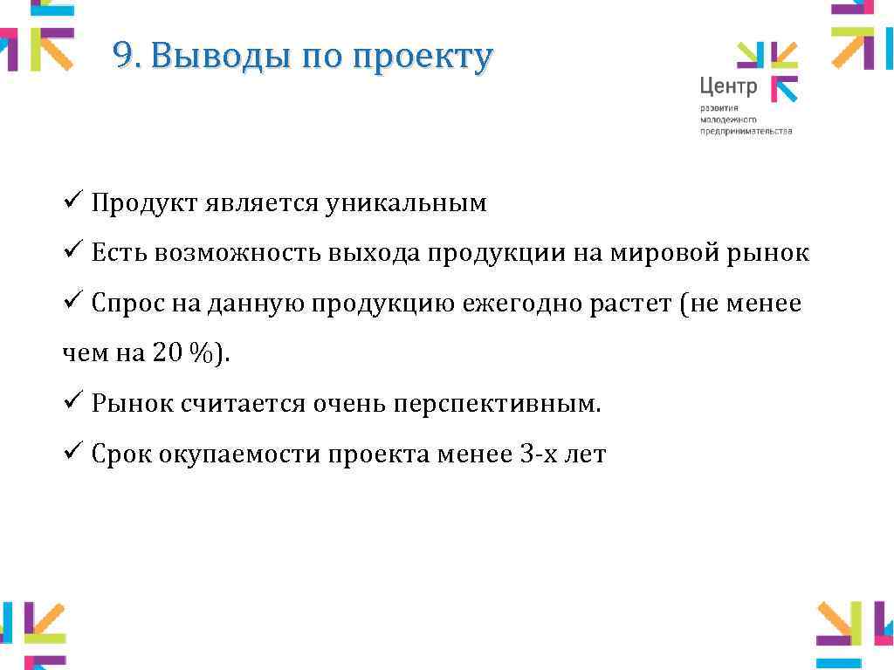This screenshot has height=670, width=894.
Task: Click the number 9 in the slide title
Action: tap(122, 57)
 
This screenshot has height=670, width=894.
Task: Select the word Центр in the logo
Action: tap(728, 85)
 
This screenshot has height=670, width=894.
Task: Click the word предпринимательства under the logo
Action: tap(746, 131)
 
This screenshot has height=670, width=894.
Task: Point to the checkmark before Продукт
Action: tap(72, 203)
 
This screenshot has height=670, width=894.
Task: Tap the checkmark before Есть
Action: tap(72, 253)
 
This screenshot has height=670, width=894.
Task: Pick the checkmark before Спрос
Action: tap(72, 304)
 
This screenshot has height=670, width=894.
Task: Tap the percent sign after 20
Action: tap(200, 354)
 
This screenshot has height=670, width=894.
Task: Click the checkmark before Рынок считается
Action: tap(72, 404)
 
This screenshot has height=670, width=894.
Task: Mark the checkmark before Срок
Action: tap(72, 454)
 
